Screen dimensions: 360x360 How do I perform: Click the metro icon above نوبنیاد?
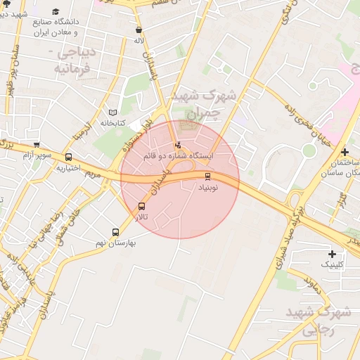(207, 176)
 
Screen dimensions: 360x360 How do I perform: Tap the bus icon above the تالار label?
(142, 207)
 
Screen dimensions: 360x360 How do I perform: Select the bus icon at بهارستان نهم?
(116, 232)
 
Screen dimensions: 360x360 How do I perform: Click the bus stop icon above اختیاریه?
(68, 157)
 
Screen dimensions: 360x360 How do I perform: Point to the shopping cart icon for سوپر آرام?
(37, 144)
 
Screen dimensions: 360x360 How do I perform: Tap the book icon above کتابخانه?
(113, 112)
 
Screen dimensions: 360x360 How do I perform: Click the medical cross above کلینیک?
(333, 254)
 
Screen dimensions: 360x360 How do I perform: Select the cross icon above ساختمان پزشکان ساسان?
(345, 152)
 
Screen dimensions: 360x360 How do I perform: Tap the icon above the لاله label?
(139, 30)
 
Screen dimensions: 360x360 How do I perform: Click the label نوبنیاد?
(207, 187)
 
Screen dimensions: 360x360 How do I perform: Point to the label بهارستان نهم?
(115, 243)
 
